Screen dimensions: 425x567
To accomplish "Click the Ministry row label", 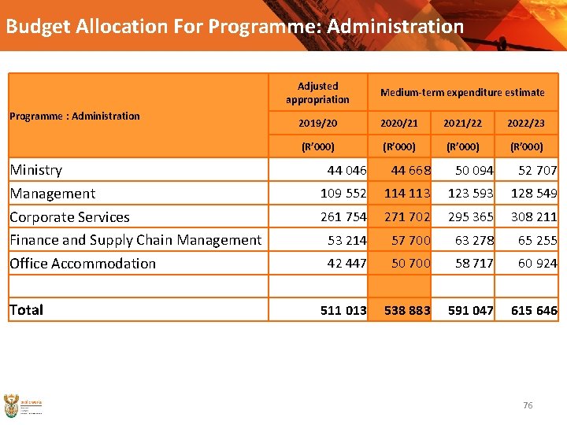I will point(36,170).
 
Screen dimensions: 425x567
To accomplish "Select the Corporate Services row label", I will point(69,216).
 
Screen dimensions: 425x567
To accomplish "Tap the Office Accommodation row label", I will point(83,264).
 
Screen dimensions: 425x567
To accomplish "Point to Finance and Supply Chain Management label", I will point(135,240).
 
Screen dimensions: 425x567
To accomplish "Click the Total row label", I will point(26,310).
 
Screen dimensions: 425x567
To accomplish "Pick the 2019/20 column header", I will point(318,124).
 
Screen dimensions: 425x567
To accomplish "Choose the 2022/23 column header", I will point(526,124).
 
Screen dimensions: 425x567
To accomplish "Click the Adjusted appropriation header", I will point(318,93).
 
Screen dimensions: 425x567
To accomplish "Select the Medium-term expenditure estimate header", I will point(462,93).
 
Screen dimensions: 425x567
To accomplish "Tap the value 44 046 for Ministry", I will point(346,170).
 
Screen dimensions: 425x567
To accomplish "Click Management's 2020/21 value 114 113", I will point(407,194).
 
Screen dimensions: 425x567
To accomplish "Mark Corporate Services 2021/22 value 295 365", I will point(471,216).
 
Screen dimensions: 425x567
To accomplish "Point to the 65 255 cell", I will point(537,240).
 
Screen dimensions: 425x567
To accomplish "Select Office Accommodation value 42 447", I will point(346,264).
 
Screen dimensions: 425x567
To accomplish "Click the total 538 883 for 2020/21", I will point(407,310).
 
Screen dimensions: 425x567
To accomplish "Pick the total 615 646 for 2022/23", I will point(534,310).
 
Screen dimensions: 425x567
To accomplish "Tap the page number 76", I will point(528,405).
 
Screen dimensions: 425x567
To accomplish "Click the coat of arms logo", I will point(11,405).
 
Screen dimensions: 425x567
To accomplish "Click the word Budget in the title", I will point(39,26).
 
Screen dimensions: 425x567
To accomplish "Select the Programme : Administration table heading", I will point(75,116).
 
